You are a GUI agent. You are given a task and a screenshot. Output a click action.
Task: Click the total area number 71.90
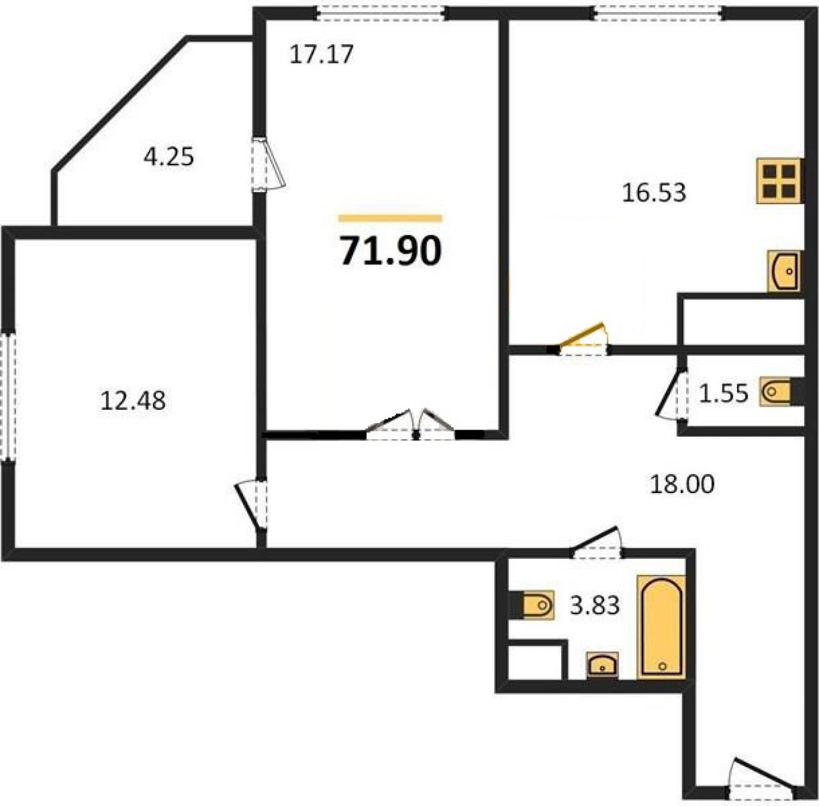click(391, 251)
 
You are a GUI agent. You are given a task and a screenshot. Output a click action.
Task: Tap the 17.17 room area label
click(321, 55)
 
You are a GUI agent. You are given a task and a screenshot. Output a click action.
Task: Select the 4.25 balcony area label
click(169, 156)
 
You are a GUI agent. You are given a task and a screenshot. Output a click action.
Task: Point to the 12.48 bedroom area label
click(132, 401)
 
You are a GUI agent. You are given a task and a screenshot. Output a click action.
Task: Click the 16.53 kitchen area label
click(654, 192)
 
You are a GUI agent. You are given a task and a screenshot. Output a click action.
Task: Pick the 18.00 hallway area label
click(682, 484)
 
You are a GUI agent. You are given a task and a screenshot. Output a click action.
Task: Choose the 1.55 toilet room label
click(723, 392)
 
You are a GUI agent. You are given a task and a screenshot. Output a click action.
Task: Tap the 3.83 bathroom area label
click(594, 605)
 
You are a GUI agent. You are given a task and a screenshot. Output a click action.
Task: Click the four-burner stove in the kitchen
click(780, 181)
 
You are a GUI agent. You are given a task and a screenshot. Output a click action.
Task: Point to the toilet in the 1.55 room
click(776, 391)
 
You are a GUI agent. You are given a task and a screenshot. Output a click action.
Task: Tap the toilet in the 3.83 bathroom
click(538, 604)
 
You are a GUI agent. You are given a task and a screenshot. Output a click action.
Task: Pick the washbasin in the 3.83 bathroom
click(602, 665)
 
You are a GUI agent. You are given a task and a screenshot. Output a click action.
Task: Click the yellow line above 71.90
click(390, 218)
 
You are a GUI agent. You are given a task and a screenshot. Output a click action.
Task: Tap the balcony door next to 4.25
click(269, 164)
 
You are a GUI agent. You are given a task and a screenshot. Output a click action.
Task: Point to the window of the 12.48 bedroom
click(8, 397)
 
